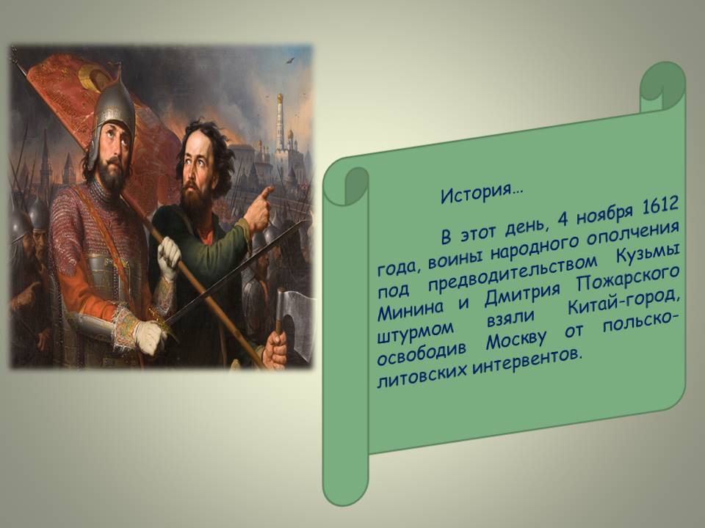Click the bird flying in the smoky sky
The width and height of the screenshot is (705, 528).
tap(290, 60)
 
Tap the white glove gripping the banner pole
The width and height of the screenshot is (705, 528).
tap(169, 258)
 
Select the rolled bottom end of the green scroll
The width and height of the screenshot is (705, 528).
tap(345, 478)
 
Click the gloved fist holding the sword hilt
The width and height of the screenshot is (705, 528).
tap(149, 337)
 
